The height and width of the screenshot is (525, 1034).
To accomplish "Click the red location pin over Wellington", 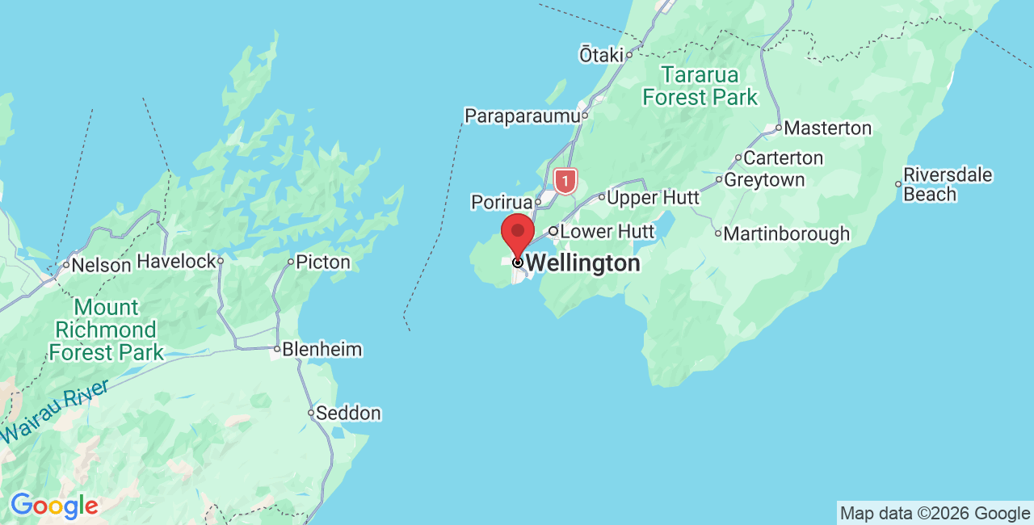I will click(518, 232).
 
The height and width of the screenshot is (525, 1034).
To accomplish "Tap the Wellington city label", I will click(582, 263).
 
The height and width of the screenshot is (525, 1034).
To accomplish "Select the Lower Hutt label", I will click(607, 232).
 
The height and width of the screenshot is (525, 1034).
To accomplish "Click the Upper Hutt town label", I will click(653, 198).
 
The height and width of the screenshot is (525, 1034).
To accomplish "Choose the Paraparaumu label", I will click(523, 116).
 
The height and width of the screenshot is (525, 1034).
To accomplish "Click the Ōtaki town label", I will click(602, 55).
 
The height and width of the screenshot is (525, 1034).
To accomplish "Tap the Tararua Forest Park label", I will click(700, 86).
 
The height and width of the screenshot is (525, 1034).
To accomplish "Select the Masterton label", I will click(828, 128).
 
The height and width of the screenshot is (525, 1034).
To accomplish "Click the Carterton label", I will click(783, 158).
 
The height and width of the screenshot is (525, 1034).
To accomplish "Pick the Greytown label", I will click(764, 180).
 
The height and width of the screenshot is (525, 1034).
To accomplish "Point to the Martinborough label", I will click(786, 234).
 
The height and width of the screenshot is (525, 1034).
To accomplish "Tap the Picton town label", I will click(322, 262).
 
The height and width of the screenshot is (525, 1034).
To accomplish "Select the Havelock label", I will click(177, 261).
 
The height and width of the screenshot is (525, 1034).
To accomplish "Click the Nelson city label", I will click(101, 265).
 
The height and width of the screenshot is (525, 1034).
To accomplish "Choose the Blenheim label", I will click(322, 350).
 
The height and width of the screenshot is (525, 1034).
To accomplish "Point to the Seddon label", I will click(348, 414).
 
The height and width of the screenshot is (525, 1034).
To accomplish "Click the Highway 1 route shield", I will click(566, 180).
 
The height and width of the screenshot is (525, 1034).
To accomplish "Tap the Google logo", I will click(54, 506).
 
